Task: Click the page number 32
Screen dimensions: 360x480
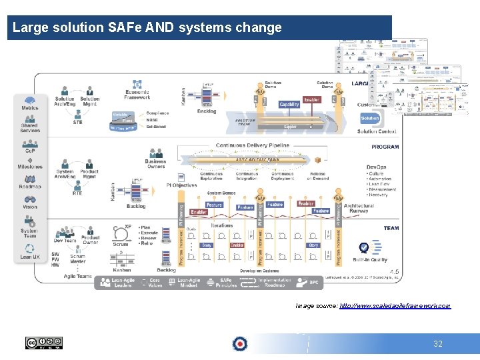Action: tap(438, 344)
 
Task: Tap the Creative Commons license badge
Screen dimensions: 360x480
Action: tap(43, 343)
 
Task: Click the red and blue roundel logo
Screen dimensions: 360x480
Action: tap(239, 344)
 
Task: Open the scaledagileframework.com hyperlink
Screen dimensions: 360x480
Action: tap(395, 305)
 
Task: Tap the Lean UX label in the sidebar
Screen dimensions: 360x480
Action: tap(30, 257)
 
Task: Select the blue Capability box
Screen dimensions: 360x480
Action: tap(289, 105)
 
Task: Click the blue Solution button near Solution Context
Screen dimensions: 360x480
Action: tap(370, 118)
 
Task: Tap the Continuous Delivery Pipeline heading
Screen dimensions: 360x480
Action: tap(253, 145)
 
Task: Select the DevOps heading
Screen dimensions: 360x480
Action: tap(377, 167)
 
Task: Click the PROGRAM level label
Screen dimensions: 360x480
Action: tap(385, 147)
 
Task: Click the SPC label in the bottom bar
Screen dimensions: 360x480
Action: tap(313, 283)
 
